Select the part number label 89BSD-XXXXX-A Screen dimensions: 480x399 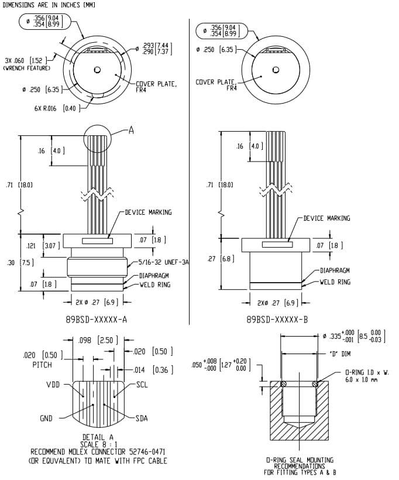tap(97, 320)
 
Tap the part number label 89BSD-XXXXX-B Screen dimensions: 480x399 tap(277, 320)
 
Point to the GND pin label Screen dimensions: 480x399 tap(46, 419)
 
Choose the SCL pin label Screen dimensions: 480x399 tap(143, 385)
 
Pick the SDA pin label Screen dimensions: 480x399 tap(143, 419)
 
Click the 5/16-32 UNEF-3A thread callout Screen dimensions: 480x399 tap(164, 263)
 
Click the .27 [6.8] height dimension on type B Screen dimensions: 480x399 tap(221, 258)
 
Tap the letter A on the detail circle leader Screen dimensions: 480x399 tap(131, 131)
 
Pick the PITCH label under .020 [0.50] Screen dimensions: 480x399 tap(38, 365)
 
